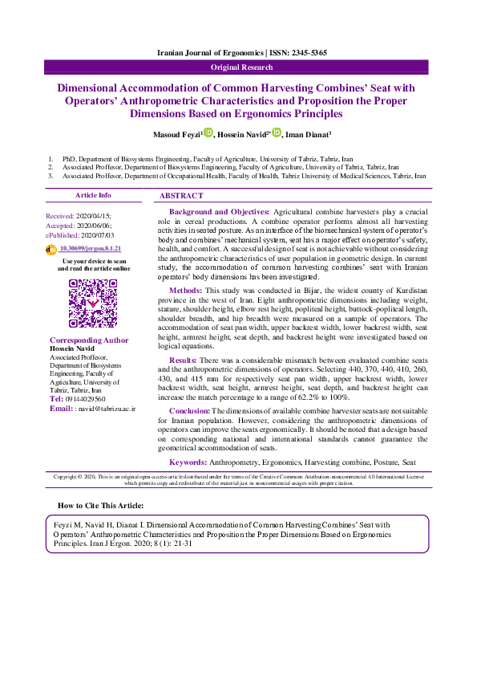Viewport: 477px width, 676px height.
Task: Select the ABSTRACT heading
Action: click(181, 196)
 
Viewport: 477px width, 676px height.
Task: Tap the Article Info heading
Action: click(93, 195)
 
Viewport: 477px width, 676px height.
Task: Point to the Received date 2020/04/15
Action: click(94, 217)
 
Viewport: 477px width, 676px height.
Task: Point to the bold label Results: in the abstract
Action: click(184, 361)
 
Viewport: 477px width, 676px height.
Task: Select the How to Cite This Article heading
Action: click(101, 506)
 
